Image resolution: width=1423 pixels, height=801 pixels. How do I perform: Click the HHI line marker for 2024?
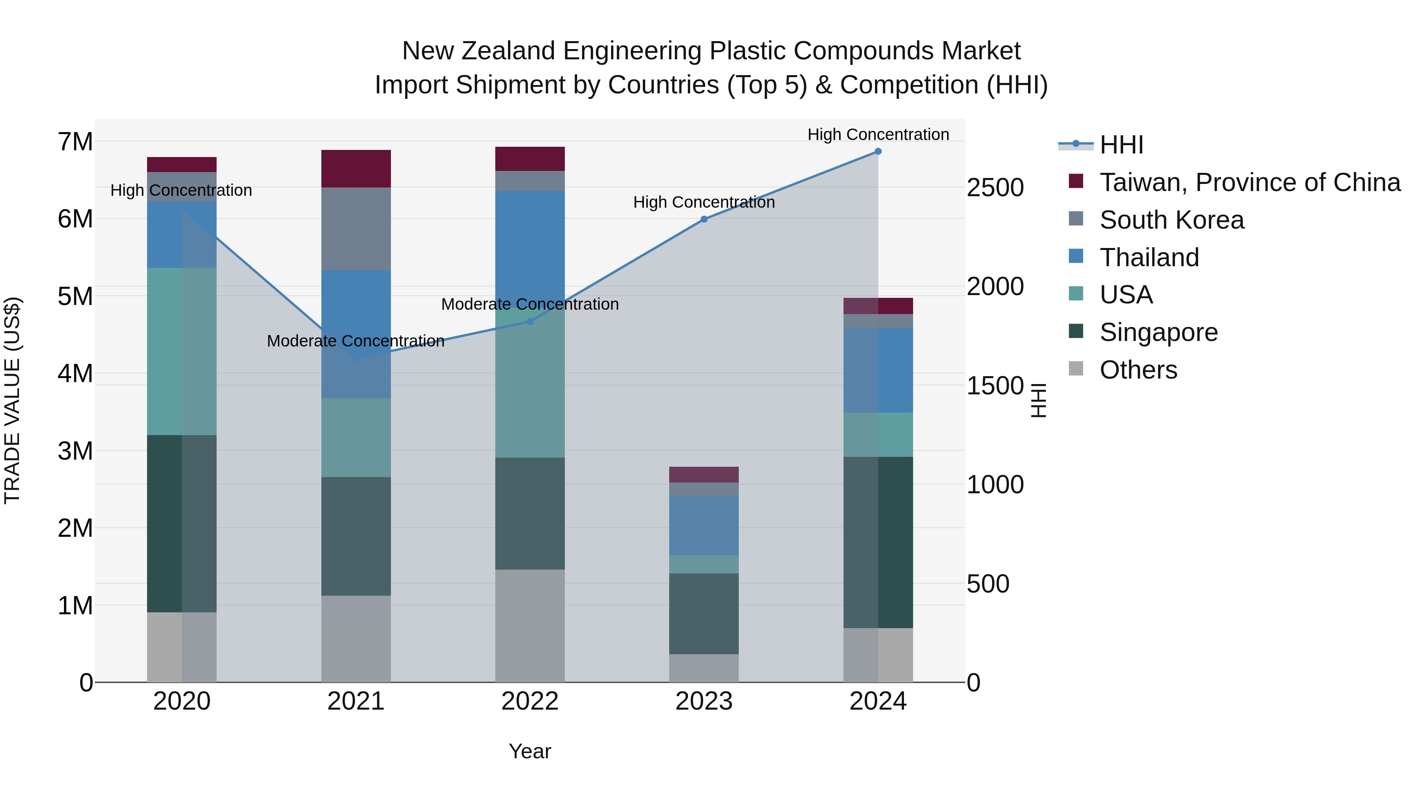(x=878, y=151)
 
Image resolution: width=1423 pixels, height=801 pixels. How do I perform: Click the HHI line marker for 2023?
(x=704, y=220)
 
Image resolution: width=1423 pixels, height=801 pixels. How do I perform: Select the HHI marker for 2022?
(x=530, y=321)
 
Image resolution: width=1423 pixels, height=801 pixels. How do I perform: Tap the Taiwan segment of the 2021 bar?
(x=356, y=169)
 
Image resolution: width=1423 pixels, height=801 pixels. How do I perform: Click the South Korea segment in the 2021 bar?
(x=356, y=229)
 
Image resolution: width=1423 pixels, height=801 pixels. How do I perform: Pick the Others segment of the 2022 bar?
(x=530, y=626)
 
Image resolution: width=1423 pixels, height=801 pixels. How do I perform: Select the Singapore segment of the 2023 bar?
(x=704, y=614)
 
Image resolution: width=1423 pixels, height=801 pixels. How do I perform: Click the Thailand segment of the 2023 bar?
(x=704, y=526)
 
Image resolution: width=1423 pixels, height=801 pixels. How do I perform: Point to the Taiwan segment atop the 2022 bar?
(x=530, y=159)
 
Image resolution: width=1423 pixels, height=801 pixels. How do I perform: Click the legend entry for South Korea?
(x=1171, y=220)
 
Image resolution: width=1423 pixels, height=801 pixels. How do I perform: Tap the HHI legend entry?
(x=1121, y=145)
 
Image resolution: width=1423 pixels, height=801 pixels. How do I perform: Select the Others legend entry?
(x=1138, y=370)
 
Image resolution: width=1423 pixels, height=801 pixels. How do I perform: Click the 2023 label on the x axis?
(x=704, y=701)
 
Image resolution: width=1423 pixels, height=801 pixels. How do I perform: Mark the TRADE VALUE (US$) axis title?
(x=12, y=400)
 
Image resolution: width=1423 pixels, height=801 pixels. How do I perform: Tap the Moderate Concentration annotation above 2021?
(x=356, y=341)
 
